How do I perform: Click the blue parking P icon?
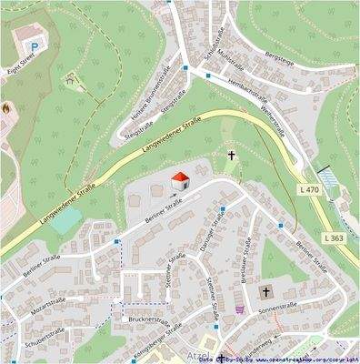34,44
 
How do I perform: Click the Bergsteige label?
278,55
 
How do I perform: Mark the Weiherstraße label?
274,123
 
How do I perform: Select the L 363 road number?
333,238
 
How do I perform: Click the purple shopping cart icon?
239,308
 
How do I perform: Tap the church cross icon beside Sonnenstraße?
265,292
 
